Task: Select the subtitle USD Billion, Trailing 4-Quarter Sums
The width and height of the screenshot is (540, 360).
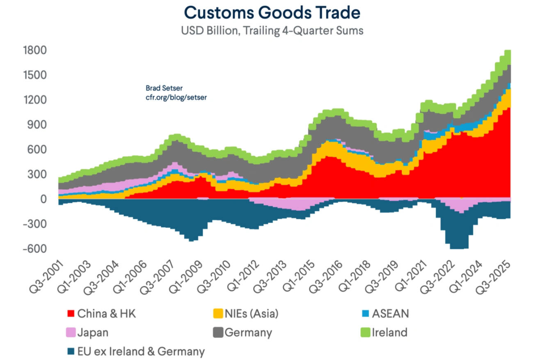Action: pos(272,31)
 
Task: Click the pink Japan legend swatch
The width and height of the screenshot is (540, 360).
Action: pos(71,333)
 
